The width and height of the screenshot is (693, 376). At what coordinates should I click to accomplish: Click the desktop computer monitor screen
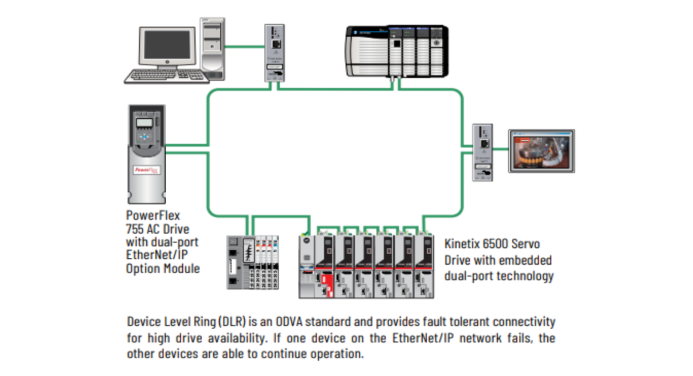(x=167, y=46)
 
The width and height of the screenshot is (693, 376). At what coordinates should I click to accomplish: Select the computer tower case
(x=212, y=49)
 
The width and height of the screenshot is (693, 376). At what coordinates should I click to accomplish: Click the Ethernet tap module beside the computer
(x=274, y=53)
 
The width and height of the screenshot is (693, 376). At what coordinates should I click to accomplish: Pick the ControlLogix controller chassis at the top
(x=396, y=51)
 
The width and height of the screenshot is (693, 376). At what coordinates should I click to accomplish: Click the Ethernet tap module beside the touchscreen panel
(x=482, y=152)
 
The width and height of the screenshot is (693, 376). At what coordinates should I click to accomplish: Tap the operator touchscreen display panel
(x=541, y=151)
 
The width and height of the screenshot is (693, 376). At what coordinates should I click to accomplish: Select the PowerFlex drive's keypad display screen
(x=144, y=123)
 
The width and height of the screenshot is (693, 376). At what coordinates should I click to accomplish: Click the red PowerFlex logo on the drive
(x=146, y=170)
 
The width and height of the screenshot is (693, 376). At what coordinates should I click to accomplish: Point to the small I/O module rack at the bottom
(x=252, y=262)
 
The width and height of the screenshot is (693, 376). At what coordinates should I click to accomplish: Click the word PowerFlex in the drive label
(x=153, y=216)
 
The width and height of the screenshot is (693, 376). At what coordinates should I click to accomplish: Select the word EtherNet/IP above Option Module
(x=157, y=255)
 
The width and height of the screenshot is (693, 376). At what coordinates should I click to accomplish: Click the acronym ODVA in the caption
(x=289, y=322)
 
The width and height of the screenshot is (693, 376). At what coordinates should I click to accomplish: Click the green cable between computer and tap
(x=244, y=46)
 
